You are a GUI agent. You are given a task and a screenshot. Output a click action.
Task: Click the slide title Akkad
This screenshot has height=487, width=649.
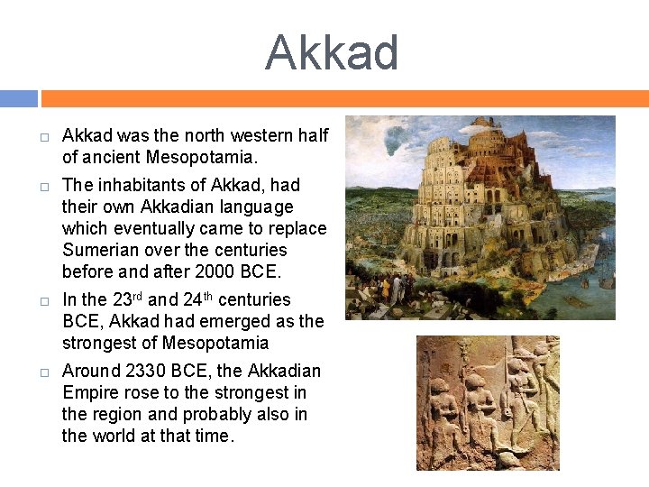point(332,53)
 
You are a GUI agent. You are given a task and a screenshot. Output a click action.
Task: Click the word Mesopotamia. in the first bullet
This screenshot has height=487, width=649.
point(210,158)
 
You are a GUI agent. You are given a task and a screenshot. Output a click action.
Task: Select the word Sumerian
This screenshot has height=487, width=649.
point(98,250)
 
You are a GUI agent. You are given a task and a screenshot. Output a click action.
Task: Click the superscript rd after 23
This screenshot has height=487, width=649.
point(138,294)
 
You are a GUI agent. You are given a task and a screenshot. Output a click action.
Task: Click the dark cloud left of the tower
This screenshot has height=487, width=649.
point(395,137)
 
